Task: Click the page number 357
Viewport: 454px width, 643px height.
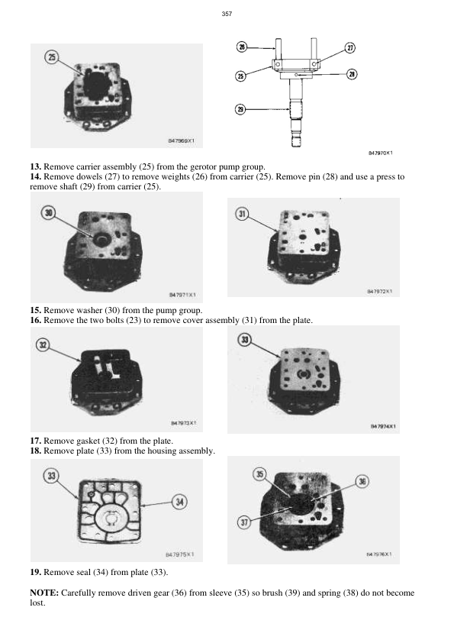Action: [x=227, y=14]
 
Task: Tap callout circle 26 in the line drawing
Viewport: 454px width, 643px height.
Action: [x=242, y=47]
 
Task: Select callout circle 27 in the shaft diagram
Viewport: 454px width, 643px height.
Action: [x=350, y=47]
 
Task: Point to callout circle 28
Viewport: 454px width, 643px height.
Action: [x=352, y=74]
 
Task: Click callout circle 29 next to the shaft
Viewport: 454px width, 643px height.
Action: [x=240, y=110]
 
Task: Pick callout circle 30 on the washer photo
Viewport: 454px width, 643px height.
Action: [x=50, y=213]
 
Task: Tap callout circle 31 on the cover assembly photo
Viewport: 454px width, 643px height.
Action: [x=243, y=215]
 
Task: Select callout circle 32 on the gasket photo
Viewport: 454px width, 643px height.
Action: [x=43, y=345]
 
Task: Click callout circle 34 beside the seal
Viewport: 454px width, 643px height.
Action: [x=179, y=502]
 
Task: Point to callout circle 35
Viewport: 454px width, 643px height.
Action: [x=260, y=474]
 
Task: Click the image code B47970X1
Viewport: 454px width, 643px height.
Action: [x=381, y=153]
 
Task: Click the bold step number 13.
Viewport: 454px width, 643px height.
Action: [x=35, y=166]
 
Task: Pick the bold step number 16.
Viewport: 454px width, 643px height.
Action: [x=35, y=321]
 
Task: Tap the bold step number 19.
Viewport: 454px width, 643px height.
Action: [x=35, y=572]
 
